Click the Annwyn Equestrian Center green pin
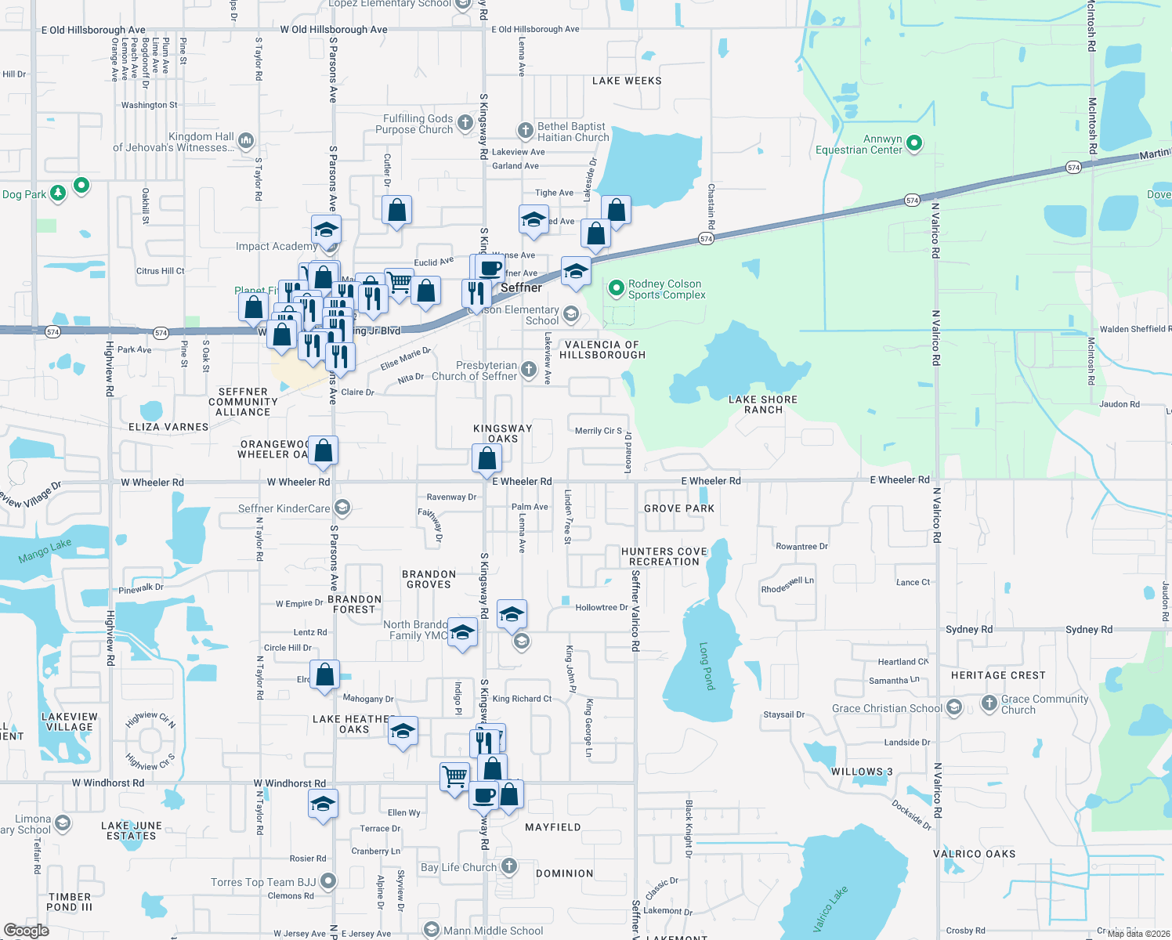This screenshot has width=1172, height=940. point(913,143)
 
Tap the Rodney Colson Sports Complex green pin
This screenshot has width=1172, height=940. point(616,288)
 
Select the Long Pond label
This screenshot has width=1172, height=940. point(706,667)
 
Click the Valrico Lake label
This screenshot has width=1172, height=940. point(830,909)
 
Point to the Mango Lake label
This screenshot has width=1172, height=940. point(45,551)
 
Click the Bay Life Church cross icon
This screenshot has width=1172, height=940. point(509,866)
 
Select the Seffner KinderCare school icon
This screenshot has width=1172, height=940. point(342,508)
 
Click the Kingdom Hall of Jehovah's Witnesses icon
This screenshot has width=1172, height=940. point(246,141)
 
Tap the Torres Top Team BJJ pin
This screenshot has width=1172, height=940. point(328,881)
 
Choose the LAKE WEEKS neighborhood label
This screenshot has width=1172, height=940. point(627,81)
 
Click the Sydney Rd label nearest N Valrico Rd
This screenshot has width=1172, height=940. point(968,629)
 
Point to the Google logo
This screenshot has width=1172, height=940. point(27,931)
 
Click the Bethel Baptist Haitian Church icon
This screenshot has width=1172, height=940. point(525,131)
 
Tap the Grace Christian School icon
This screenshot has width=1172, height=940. point(953,708)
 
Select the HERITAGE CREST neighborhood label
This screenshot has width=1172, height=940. point(998,675)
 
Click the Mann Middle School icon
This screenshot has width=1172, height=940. point(431,930)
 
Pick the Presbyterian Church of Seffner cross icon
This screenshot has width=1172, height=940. point(529,370)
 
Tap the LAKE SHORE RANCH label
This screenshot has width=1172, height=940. point(763,404)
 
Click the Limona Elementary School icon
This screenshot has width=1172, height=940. point(63,823)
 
